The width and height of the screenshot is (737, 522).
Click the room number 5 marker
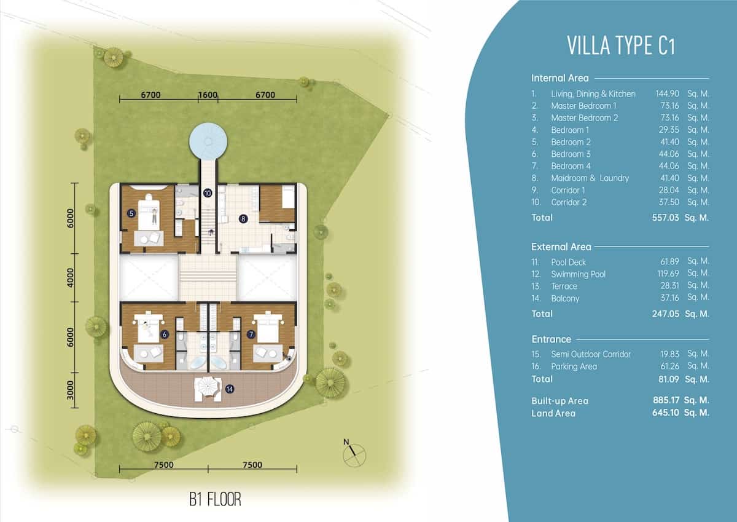pos(131,213)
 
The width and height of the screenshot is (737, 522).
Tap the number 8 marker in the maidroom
pos(243,219)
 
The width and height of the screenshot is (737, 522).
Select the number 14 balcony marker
pos(229,389)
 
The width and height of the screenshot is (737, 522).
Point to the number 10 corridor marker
pos(208,193)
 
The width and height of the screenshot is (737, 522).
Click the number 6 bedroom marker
pos(165,334)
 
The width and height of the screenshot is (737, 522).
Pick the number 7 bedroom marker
pos(251,334)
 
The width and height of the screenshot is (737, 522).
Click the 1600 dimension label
pos(208,95)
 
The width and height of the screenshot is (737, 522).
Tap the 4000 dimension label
pos(70,278)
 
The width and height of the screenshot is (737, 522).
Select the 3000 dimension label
pos(70,390)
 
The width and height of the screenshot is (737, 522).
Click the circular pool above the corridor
pos(208,141)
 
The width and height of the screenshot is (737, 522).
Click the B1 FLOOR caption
pos(215,499)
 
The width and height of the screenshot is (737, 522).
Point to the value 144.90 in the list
pos(667,94)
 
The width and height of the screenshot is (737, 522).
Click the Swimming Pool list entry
pos(578,274)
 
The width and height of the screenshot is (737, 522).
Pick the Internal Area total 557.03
pos(665,218)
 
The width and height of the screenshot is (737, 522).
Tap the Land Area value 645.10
pos(665,413)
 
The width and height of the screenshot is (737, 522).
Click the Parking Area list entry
pos(574,366)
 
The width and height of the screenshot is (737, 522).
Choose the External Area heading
pos(561,247)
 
